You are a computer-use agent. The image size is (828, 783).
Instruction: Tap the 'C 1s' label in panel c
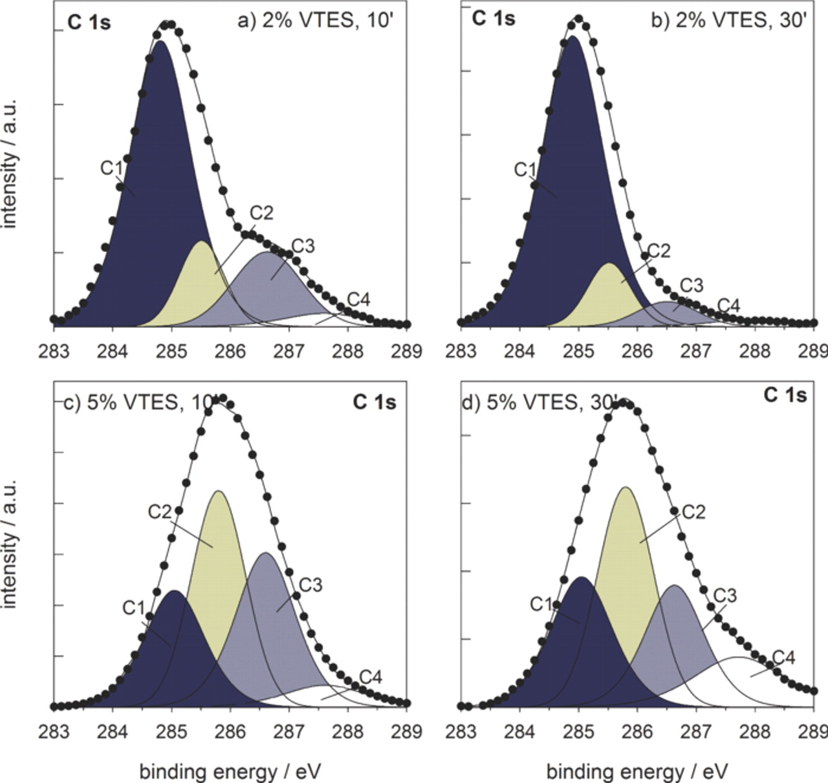tap(374, 402)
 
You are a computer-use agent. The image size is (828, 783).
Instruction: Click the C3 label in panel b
tap(691, 285)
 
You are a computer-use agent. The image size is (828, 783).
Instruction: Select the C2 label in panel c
tap(160, 512)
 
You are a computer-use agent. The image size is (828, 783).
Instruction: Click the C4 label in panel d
tap(783, 658)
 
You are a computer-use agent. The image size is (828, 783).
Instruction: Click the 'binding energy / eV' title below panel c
tap(230, 771)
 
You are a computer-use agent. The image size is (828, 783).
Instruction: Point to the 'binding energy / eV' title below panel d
tap(637, 771)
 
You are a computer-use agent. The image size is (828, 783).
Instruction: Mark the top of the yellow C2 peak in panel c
tap(219, 491)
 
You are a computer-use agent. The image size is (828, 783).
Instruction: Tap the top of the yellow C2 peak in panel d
tap(625, 488)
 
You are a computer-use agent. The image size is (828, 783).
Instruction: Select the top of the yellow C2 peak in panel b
tap(608, 264)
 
